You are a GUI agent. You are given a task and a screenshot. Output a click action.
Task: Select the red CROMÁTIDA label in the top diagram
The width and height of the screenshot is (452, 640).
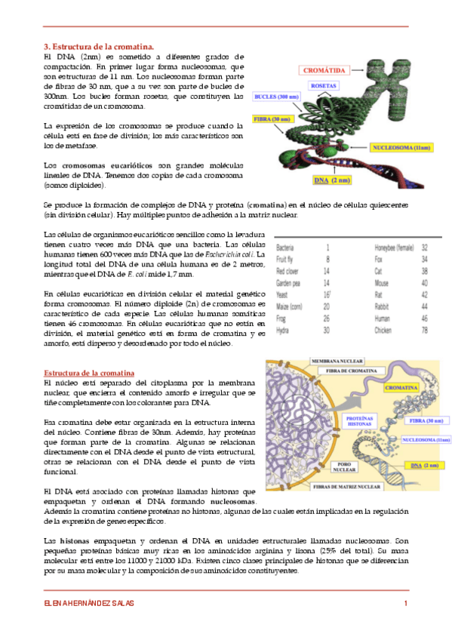pos(324,70)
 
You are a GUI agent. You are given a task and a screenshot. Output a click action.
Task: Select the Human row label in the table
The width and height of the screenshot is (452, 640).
pos(383,318)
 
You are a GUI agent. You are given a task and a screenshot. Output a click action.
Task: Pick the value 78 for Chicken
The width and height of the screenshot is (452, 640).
pos(424,330)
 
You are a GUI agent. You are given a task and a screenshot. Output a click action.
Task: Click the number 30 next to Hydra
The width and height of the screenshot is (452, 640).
pos(327,330)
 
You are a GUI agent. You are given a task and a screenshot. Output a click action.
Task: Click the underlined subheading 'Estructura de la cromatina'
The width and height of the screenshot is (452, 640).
pos(89,373)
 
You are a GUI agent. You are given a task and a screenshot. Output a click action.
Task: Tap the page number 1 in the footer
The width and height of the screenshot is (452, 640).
pos(405,602)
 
